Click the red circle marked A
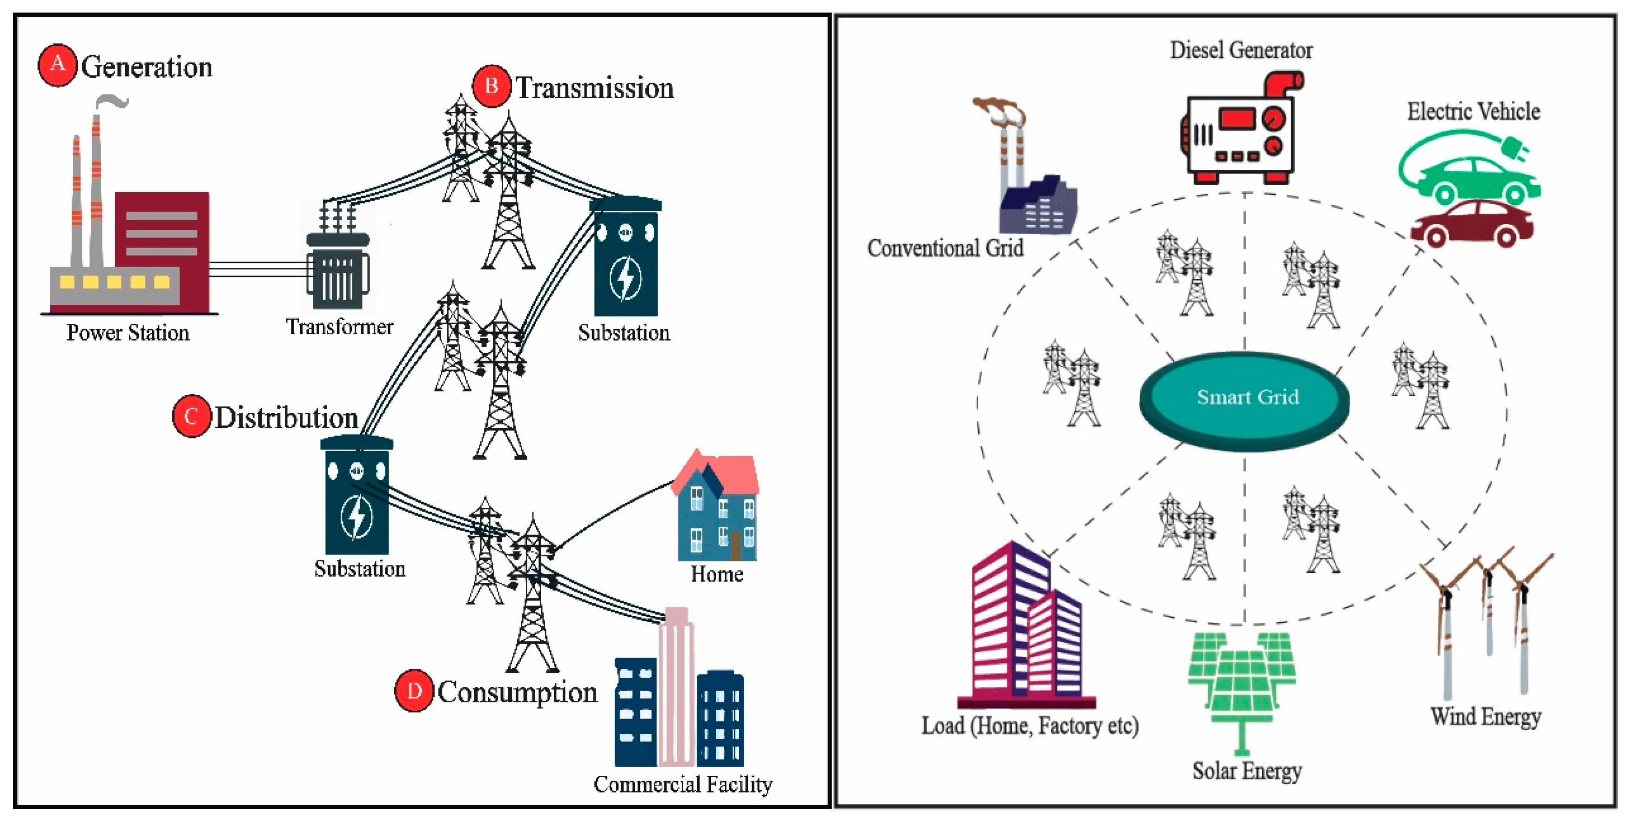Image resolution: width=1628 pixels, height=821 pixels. point(58,65)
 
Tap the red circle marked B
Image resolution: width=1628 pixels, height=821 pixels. point(491,86)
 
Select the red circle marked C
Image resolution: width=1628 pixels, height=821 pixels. point(191,416)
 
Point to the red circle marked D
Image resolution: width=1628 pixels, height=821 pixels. point(414,691)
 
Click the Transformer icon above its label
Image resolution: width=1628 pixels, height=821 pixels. point(338,265)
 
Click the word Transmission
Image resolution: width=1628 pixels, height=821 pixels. point(595,88)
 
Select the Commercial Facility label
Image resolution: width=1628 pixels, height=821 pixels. point(683,784)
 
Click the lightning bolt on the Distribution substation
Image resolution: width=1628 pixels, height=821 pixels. point(357,515)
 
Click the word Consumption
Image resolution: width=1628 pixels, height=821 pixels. point(517,692)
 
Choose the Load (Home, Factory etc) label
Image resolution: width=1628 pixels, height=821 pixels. point(1029,726)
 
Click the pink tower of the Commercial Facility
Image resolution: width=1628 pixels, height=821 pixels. point(676,689)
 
